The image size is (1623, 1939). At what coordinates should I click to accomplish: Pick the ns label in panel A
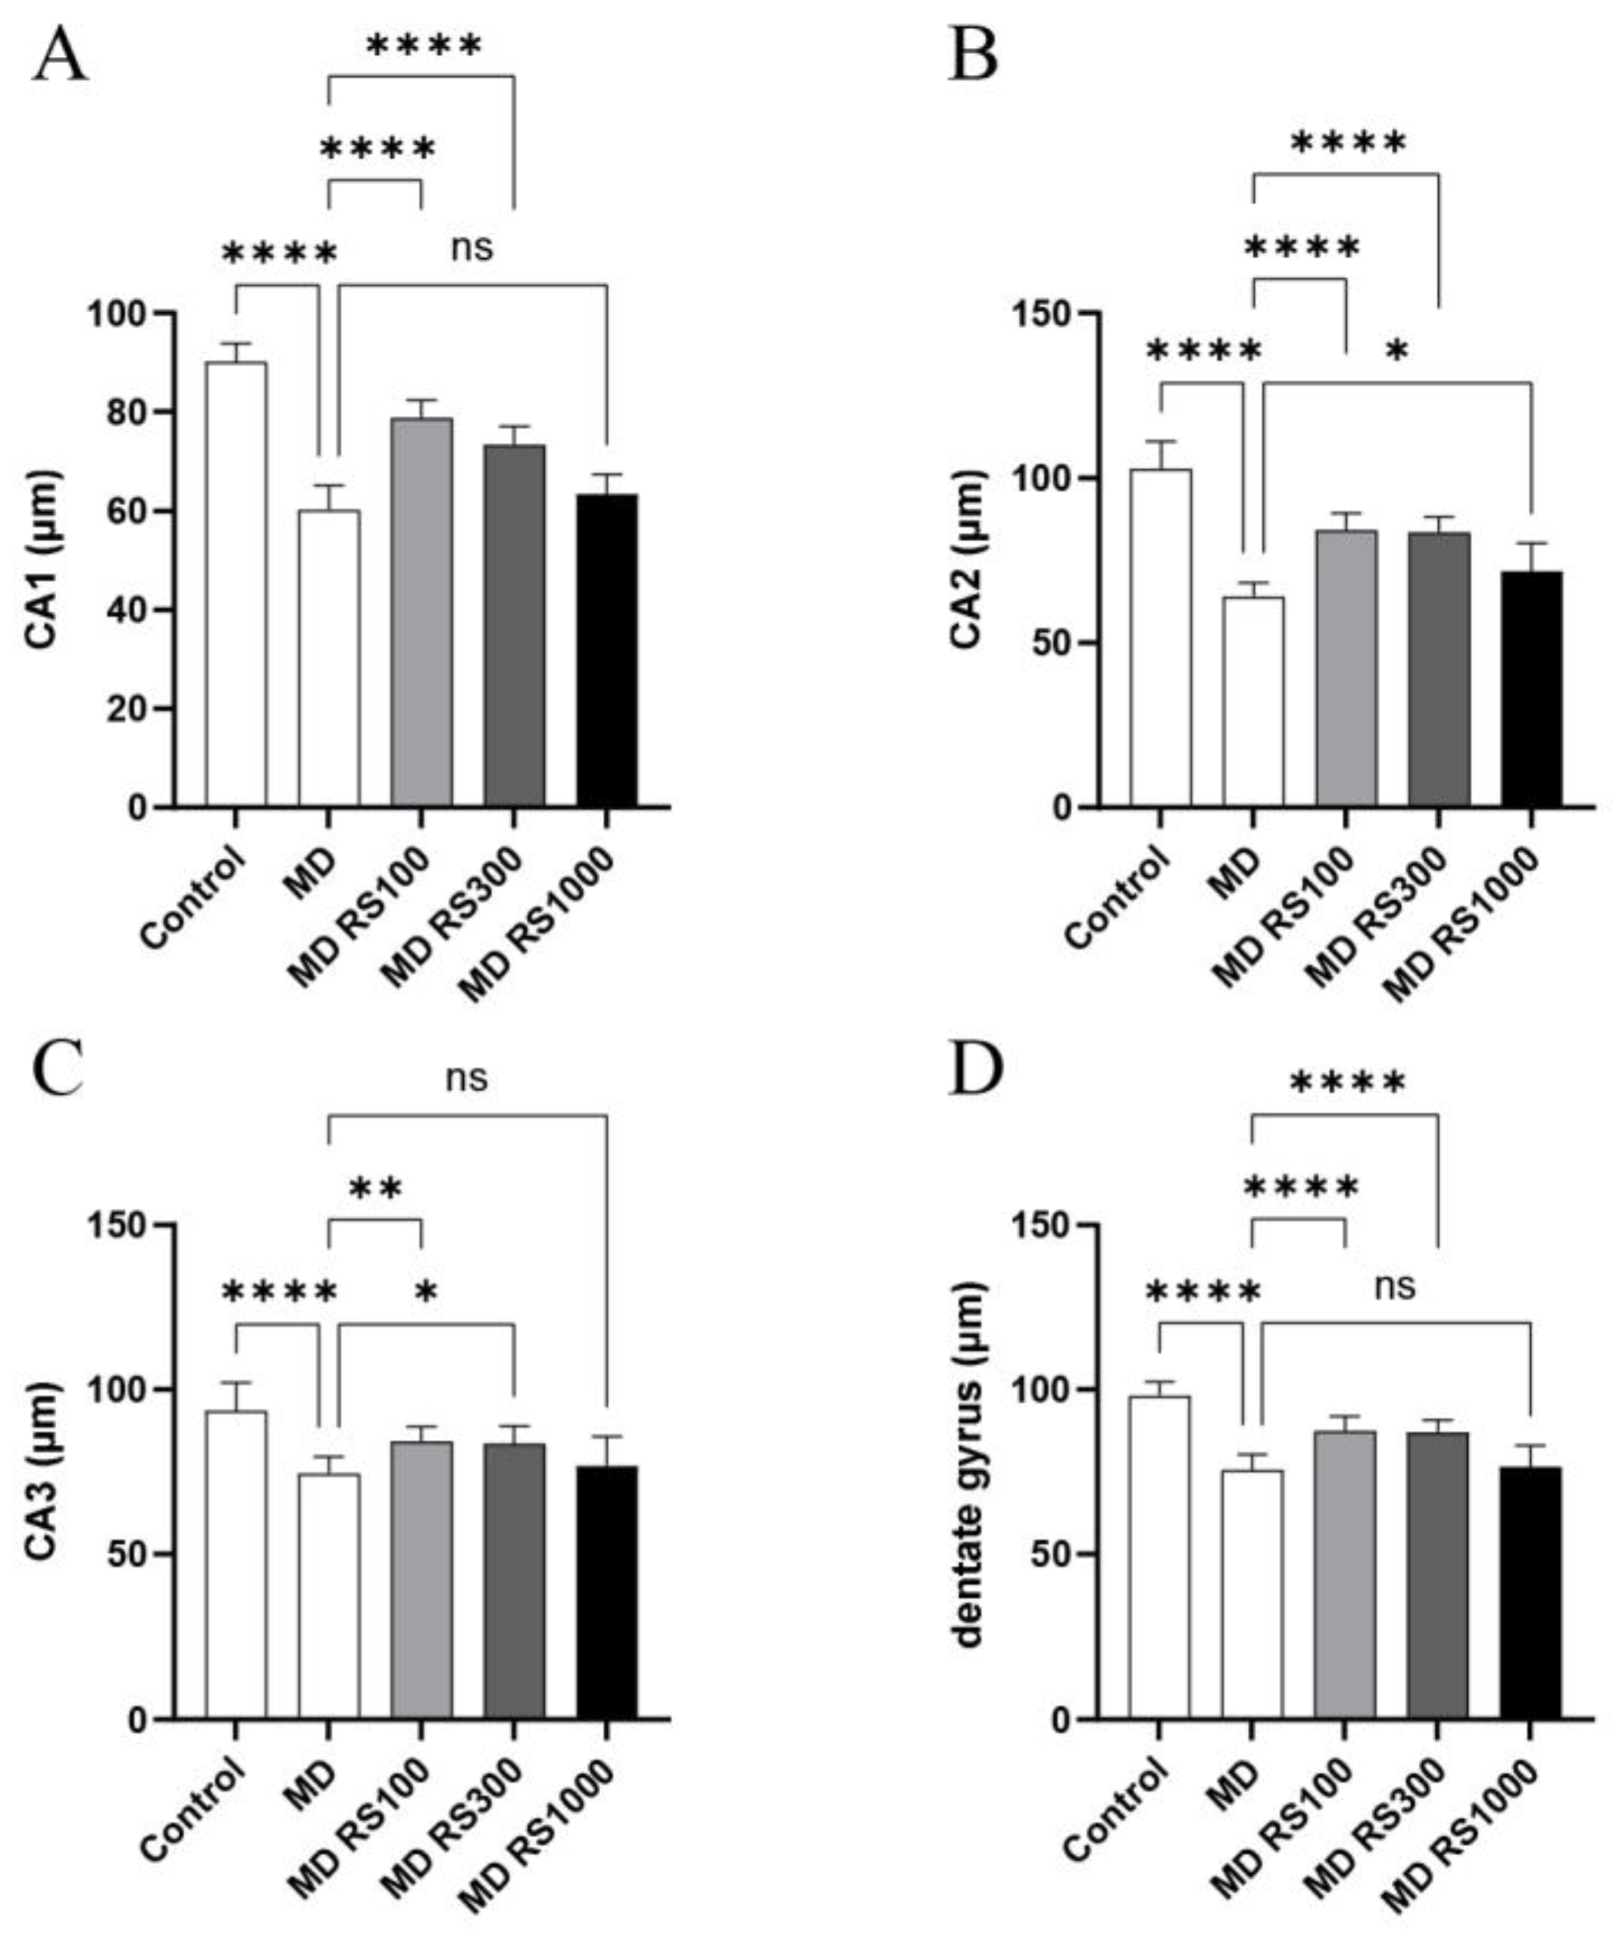[x=471, y=248]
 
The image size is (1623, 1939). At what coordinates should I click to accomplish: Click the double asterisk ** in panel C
[x=376, y=1189]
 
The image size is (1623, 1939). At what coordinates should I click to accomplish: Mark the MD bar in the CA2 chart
[x=1253, y=702]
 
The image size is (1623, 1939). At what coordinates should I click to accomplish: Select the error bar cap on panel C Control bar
[x=236, y=1382]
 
